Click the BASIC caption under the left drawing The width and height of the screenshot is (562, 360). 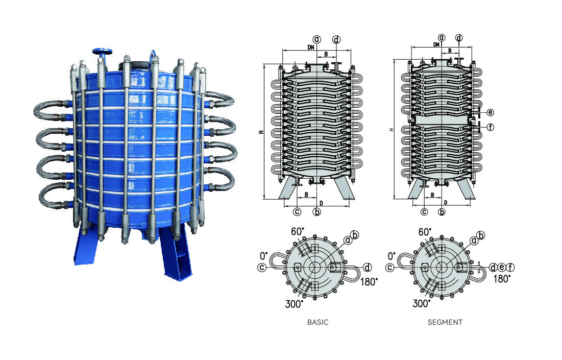[x=317, y=322]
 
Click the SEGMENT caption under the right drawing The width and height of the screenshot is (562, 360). [x=445, y=322]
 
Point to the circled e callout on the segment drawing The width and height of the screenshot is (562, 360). [x=490, y=112]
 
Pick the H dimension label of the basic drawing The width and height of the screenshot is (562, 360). [x=260, y=132]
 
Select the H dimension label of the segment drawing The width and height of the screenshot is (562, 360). [x=391, y=130]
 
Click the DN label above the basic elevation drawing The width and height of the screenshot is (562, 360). [x=311, y=47]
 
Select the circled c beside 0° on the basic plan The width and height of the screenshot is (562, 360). [x=262, y=267]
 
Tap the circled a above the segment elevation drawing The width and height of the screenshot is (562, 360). [x=442, y=38]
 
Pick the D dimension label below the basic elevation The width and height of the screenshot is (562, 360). [x=320, y=203]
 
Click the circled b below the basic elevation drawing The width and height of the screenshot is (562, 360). [x=316, y=211]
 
